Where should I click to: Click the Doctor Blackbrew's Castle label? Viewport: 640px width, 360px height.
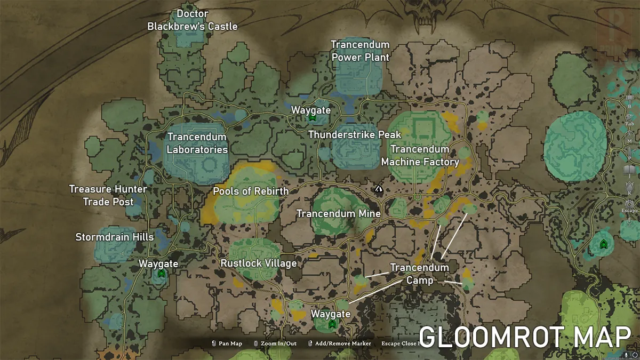click(x=193, y=20)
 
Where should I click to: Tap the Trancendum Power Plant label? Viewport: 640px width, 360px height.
click(x=360, y=51)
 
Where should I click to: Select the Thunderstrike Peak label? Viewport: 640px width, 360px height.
click(x=355, y=135)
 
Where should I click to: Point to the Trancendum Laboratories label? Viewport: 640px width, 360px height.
click(x=197, y=143)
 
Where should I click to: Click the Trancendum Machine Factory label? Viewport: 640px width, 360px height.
click(x=420, y=155)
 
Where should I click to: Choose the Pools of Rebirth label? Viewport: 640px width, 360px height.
click(x=251, y=191)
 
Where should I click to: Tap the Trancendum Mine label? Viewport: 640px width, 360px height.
click(x=339, y=213)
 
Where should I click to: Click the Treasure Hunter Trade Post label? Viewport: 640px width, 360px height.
click(x=108, y=195)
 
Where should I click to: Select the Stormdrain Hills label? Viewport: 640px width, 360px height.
click(x=115, y=237)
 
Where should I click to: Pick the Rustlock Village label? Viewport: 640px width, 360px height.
click(x=259, y=263)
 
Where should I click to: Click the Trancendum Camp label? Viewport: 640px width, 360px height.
click(x=419, y=273)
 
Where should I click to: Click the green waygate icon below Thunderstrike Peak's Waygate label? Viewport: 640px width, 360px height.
click(x=312, y=117)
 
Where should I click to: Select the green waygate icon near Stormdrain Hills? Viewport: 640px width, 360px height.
click(x=161, y=274)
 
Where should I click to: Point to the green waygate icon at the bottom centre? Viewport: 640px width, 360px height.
click(x=332, y=324)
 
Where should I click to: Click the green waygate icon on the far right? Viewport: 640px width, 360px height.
click(x=603, y=244)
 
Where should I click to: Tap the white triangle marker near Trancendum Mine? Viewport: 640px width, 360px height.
click(x=378, y=188)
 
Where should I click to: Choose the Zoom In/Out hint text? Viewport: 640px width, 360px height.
click(x=275, y=343)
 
